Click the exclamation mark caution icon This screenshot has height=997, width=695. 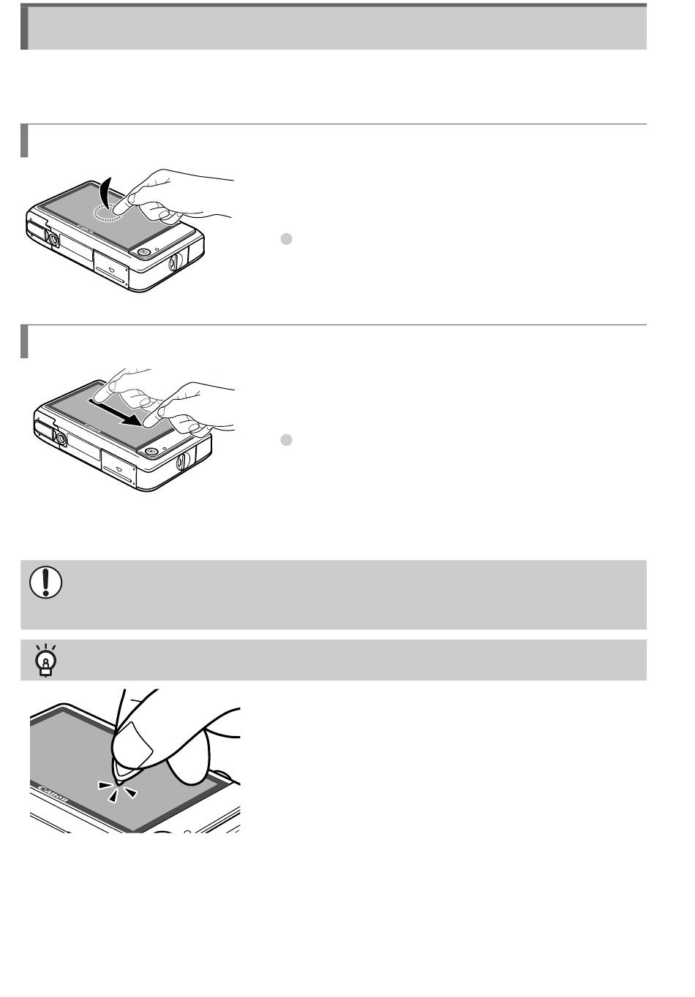(46, 583)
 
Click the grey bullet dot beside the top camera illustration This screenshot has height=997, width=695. (287, 239)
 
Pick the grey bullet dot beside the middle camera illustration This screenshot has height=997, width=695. (287, 440)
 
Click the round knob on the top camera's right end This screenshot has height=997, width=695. (175, 262)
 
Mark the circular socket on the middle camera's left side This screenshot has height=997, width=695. (60, 439)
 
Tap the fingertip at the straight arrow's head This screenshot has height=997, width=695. (151, 420)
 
